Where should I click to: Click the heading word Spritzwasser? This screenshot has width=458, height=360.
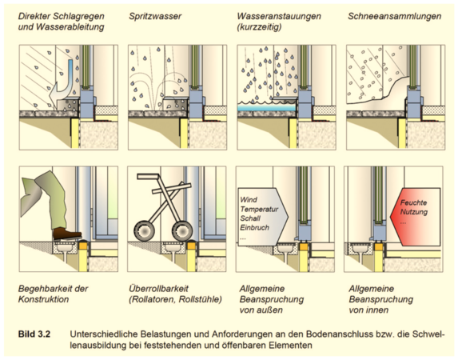click(156, 17)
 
